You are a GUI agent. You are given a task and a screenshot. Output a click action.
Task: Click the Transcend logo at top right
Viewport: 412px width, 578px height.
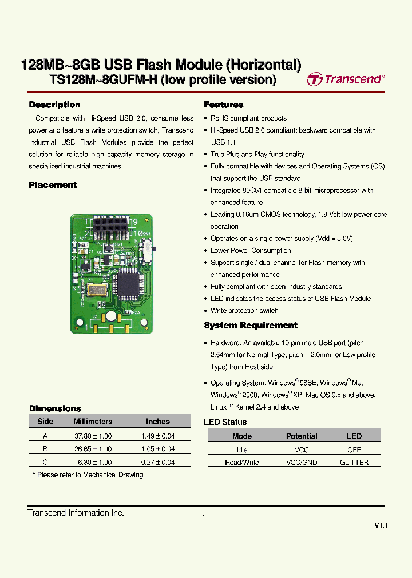(x=346, y=79)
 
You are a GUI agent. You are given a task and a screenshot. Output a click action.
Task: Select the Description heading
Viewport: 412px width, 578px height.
(x=54, y=105)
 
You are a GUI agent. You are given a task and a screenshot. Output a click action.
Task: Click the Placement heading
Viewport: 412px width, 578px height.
(x=53, y=185)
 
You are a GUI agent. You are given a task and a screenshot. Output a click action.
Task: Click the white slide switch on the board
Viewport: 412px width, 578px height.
(x=152, y=249)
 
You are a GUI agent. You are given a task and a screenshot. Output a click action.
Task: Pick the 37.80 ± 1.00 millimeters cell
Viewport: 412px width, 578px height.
(x=93, y=436)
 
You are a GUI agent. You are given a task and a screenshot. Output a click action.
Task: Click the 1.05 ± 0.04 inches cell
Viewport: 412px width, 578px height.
(x=158, y=449)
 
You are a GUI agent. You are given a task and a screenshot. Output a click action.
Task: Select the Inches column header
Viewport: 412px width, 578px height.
(x=158, y=422)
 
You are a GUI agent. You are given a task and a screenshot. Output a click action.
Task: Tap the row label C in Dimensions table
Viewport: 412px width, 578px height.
(x=45, y=463)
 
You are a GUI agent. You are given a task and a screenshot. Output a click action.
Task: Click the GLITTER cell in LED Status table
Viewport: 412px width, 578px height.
(x=354, y=463)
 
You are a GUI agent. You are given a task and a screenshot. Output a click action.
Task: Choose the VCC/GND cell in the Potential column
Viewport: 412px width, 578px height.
(x=302, y=463)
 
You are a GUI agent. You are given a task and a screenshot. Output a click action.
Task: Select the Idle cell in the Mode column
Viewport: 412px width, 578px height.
(x=242, y=450)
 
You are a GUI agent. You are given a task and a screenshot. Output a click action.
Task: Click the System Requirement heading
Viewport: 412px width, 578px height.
(x=251, y=325)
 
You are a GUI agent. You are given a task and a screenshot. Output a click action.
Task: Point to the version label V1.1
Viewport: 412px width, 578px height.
(x=381, y=525)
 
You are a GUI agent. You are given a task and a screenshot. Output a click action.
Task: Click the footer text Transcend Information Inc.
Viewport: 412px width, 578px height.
(x=76, y=513)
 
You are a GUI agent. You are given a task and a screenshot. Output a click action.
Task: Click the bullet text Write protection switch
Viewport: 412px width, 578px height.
(x=244, y=311)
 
